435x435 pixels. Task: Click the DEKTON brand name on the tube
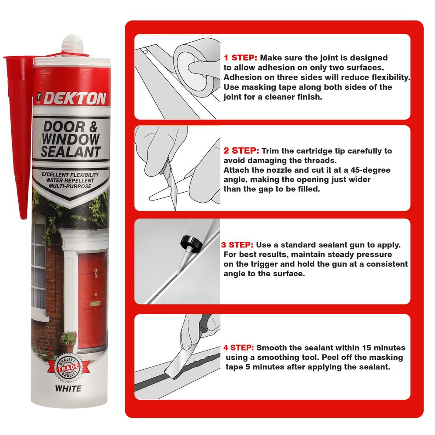(x=75, y=98)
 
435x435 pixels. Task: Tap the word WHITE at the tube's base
(x=68, y=388)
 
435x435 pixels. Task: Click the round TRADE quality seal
(x=68, y=368)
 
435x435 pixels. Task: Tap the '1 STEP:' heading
(x=240, y=58)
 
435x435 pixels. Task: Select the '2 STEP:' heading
(x=241, y=151)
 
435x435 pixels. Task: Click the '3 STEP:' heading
(x=237, y=244)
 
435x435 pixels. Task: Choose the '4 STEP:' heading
(x=238, y=348)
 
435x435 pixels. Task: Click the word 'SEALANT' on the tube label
(x=70, y=152)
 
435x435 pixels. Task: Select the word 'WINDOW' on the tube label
(x=70, y=139)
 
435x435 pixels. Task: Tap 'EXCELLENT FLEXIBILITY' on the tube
(x=70, y=174)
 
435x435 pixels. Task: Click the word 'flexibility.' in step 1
(x=391, y=77)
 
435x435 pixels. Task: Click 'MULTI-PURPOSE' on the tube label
(x=70, y=186)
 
